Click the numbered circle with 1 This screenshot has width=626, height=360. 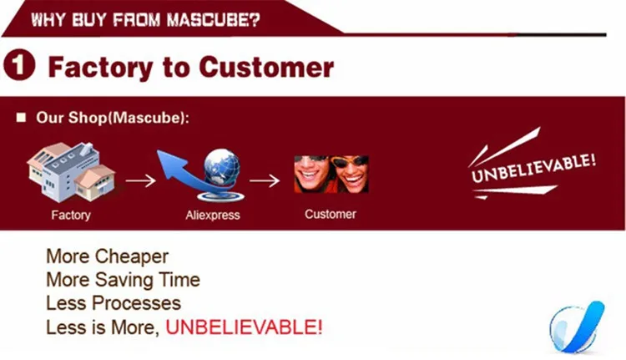pos(19,64)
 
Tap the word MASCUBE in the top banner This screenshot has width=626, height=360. pos(214,19)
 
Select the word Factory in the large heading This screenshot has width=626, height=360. pos(100,68)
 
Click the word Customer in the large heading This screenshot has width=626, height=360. pos(266,67)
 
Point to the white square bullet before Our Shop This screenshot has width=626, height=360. pos(21,118)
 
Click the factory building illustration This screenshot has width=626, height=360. pos(71,172)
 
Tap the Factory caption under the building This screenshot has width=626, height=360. pos(71,215)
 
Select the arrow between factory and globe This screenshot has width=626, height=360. pos(140,180)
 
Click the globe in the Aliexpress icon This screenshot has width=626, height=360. pos(221,167)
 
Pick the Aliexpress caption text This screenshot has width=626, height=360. pos(213,215)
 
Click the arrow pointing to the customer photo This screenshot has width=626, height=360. pos(265,180)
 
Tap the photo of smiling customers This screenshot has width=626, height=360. pos(331,175)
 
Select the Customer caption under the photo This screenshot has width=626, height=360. pos(331,214)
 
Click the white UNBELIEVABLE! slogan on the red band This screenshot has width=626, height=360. pos(533,168)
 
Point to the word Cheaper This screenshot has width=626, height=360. pos(132,256)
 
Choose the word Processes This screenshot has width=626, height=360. pos(137,303)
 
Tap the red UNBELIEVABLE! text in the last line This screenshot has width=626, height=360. pos(244,327)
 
